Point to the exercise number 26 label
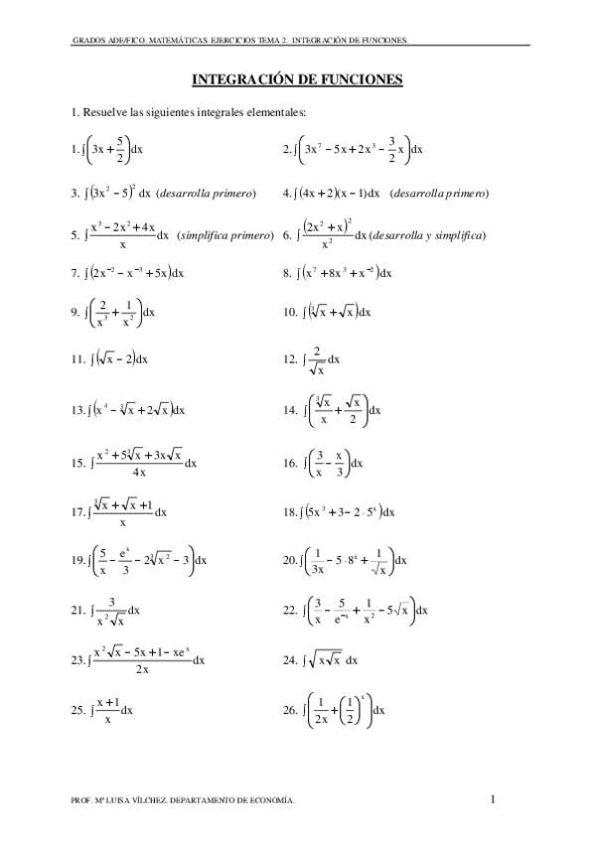(290, 710)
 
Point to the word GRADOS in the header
(87, 42)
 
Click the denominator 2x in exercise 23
(143, 669)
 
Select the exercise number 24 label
(290, 659)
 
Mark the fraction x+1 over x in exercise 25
(107, 711)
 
